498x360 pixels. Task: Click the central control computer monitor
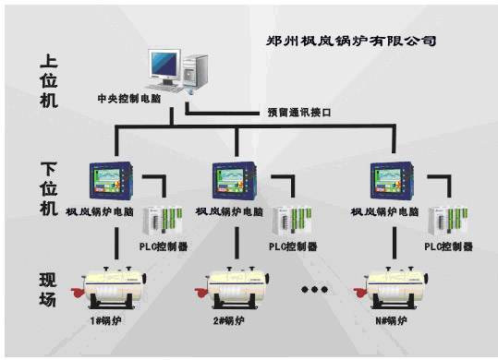pos(165,65)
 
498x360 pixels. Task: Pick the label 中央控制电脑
pos(134,96)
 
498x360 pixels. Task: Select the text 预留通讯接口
pos(298,113)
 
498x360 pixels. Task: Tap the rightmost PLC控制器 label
pos(449,247)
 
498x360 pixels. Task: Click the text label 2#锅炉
pos(228,321)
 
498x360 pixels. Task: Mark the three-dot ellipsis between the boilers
pos(314,288)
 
